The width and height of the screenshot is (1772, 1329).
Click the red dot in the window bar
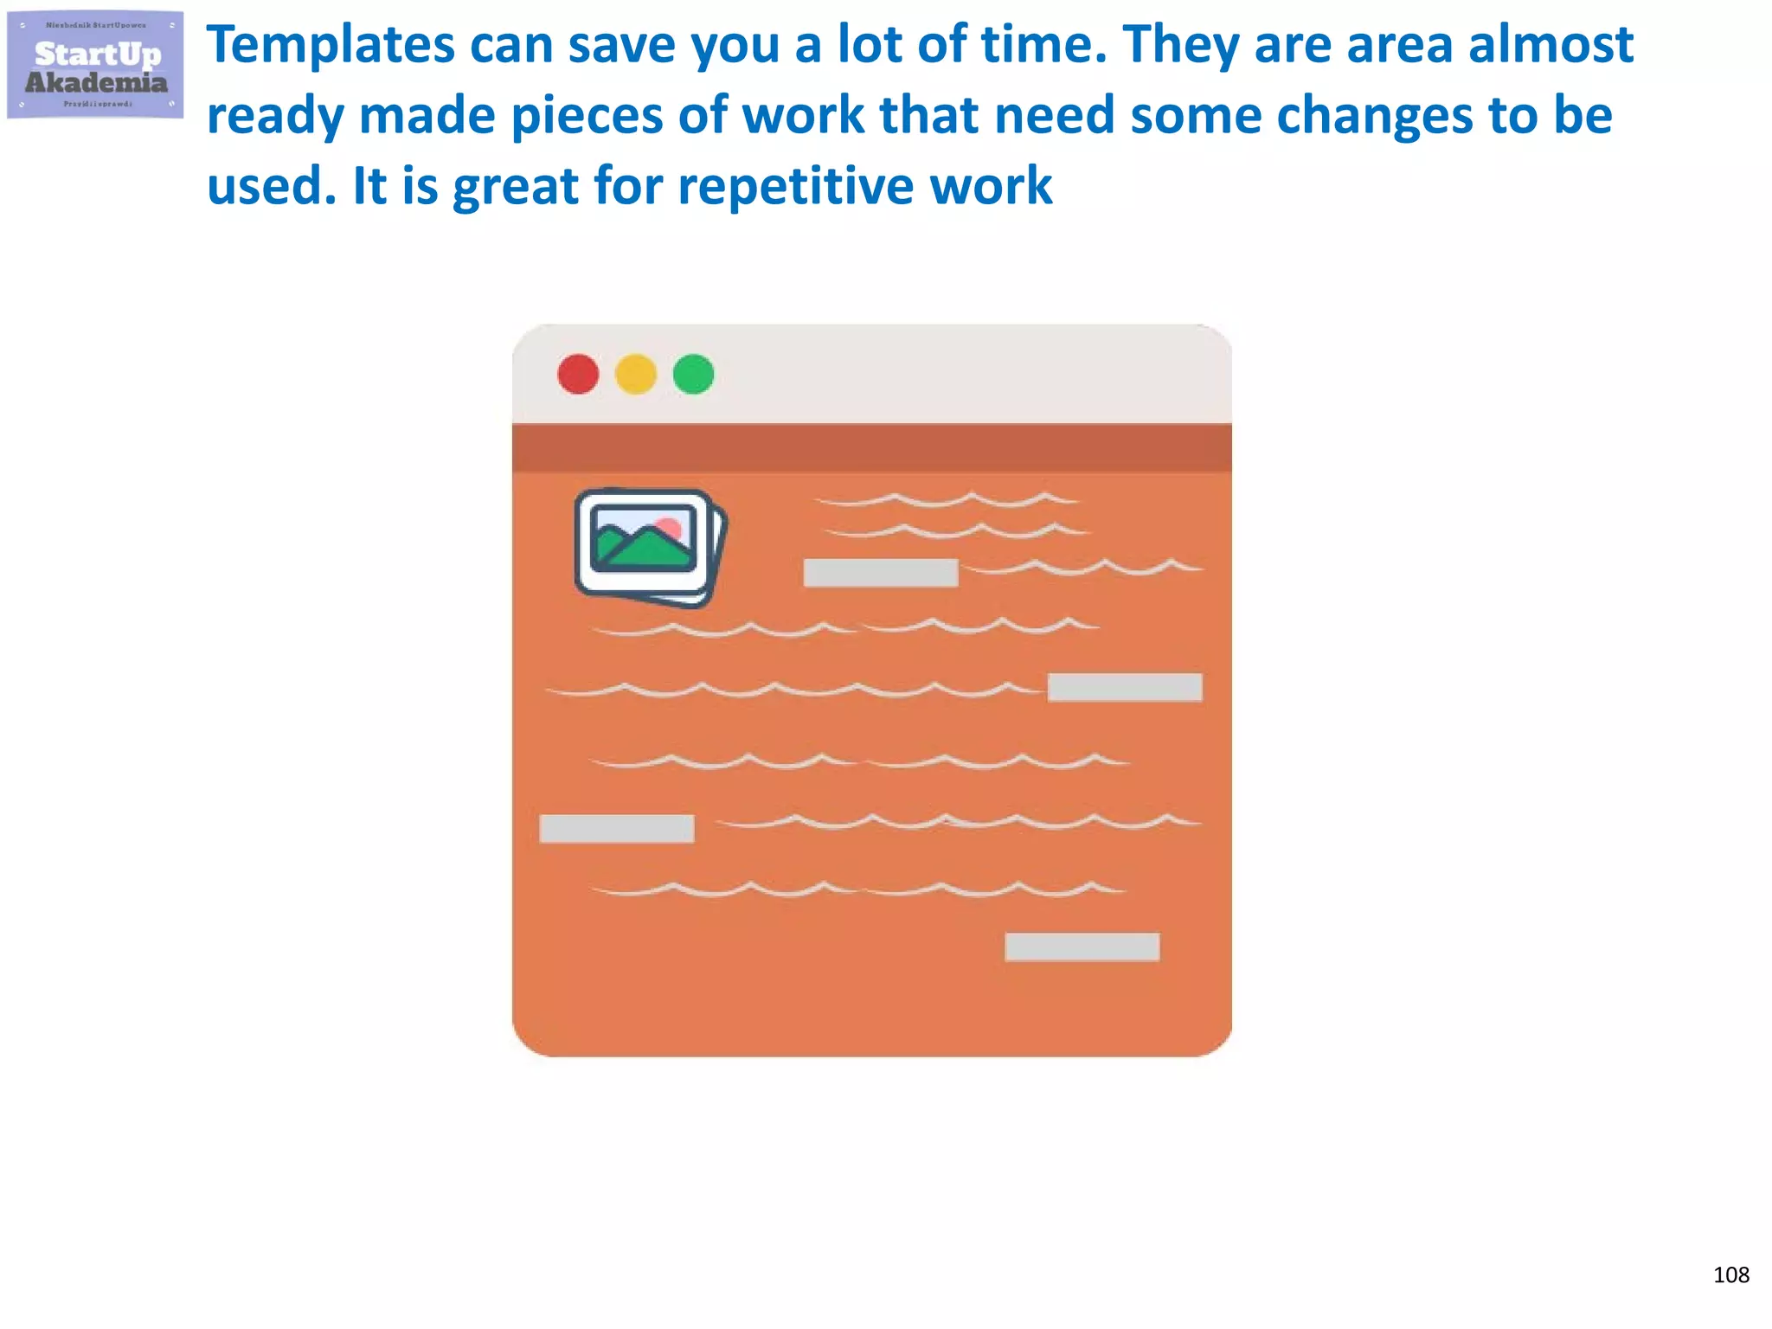578,375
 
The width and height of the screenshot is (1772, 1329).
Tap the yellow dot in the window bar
636,375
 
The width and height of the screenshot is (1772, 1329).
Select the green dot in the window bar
693,375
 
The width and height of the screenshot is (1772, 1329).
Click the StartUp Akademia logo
95,66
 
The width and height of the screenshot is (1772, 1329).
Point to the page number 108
1730,1274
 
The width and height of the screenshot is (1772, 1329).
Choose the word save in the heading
621,45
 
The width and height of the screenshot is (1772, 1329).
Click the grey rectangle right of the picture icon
880,573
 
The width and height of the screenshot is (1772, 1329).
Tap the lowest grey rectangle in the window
1082,947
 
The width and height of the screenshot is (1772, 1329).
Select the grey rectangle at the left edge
616,828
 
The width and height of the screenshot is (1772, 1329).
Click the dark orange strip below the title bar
871,447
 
